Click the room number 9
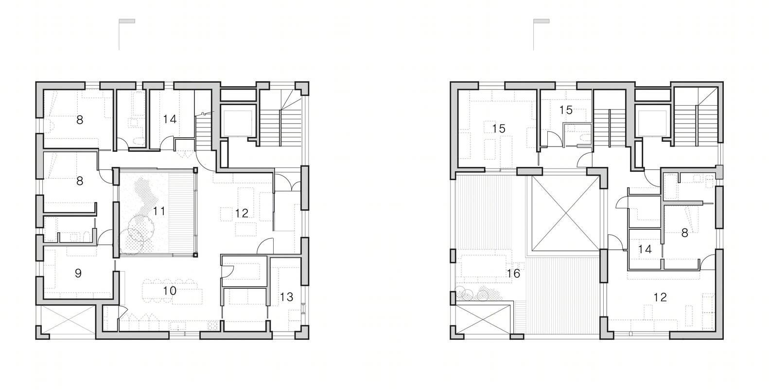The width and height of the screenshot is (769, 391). [x=78, y=273]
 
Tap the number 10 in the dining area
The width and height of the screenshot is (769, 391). [x=170, y=291]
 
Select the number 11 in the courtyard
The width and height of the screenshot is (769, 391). [x=159, y=211]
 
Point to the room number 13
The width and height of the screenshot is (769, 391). [x=287, y=297]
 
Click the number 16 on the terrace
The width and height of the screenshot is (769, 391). [x=514, y=273]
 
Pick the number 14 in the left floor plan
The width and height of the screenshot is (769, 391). [x=170, y=119]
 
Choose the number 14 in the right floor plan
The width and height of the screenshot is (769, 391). [x=645, y=249]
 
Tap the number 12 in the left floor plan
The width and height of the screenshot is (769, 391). [x=242, y=213]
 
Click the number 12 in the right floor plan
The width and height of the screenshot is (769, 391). [x=660, y=297]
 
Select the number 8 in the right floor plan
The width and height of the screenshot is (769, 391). [x=684, y=233]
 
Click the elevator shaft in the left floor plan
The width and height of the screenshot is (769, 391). [x=238, y=121]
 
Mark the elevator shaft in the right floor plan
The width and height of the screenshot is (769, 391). [x=652, y=121]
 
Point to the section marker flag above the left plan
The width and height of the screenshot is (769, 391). [x=127, y=21]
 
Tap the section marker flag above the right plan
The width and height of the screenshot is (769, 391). [x=541, y=21]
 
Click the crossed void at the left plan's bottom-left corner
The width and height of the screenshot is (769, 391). [x=69, y=320]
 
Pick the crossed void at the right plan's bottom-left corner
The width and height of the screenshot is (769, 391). [x=483, y=320]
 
